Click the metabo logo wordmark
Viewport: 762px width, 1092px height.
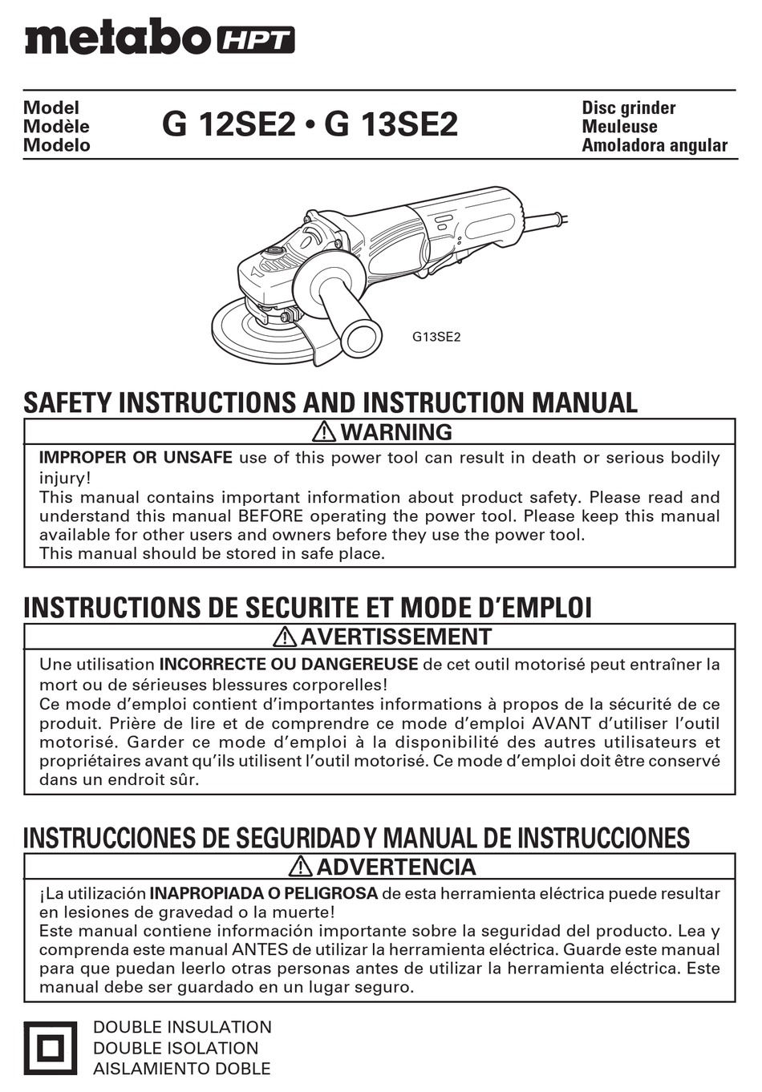(117, 37)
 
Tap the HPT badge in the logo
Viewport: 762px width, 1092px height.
(254, 39)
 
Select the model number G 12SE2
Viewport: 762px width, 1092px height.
(228, 124)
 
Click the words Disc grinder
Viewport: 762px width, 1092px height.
(628, 107)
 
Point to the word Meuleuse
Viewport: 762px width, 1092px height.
(618, 127)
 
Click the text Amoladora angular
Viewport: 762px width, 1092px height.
(654, 145)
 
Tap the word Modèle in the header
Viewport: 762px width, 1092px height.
(56, 127)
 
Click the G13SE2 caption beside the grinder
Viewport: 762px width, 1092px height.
(436, 337)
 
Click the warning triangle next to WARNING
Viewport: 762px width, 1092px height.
(324, 432)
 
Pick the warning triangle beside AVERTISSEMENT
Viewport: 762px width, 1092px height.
(285, 637)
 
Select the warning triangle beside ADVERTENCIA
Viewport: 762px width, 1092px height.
(301, 867)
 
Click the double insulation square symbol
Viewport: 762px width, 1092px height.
(50, 1048)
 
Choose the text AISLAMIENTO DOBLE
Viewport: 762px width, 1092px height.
(181, 1069)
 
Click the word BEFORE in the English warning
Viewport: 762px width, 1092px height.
(270, 516)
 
